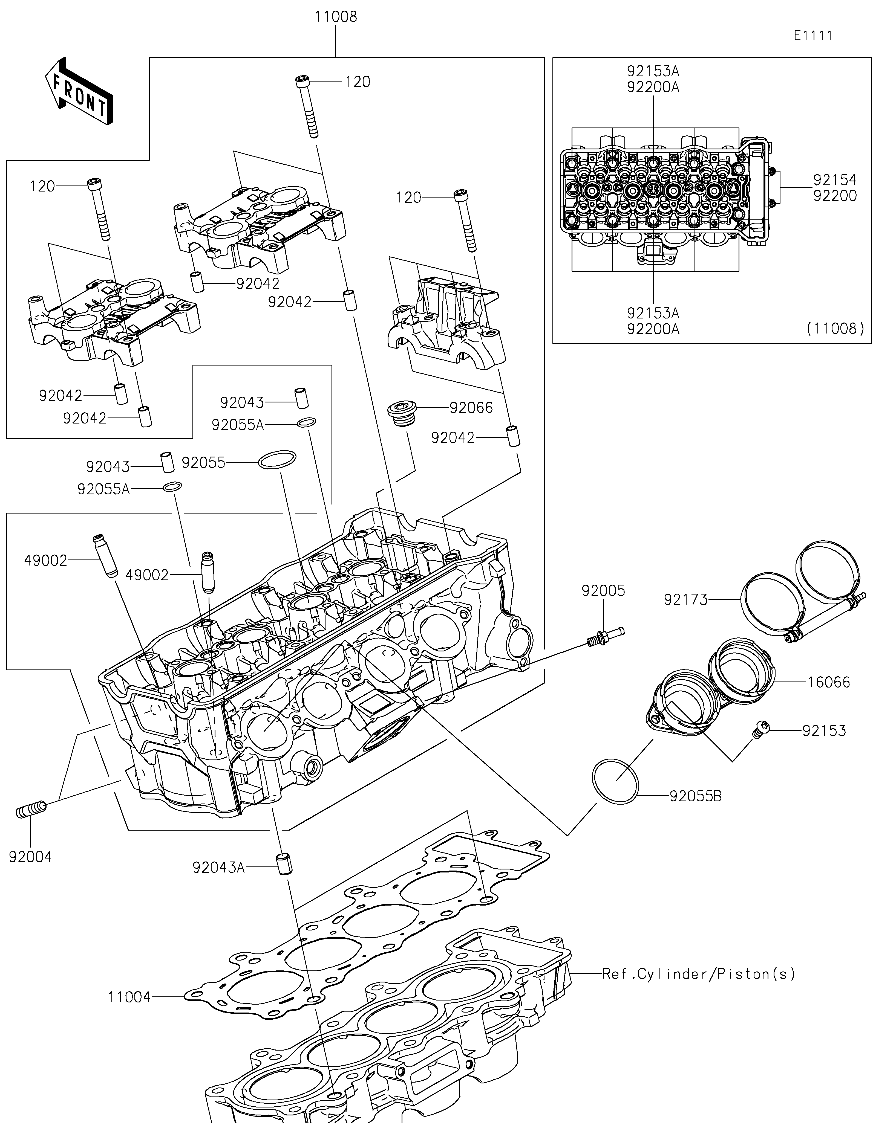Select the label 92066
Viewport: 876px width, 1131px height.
pos(471,408)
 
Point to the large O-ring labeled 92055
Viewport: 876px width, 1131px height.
pos(277,459)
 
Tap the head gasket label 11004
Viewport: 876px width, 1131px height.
pos(129,997)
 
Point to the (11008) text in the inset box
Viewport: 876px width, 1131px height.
pos(835,328)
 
